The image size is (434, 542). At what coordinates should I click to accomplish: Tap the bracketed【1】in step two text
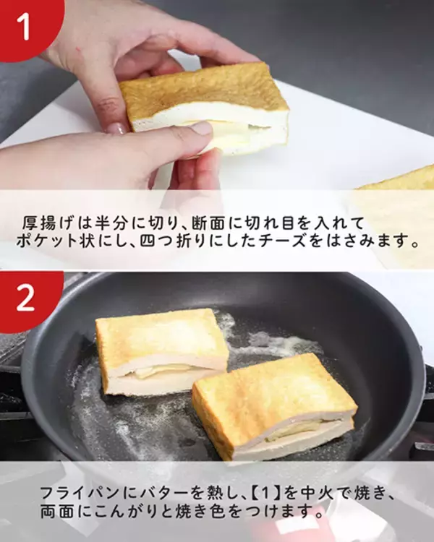click(265, 493)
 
